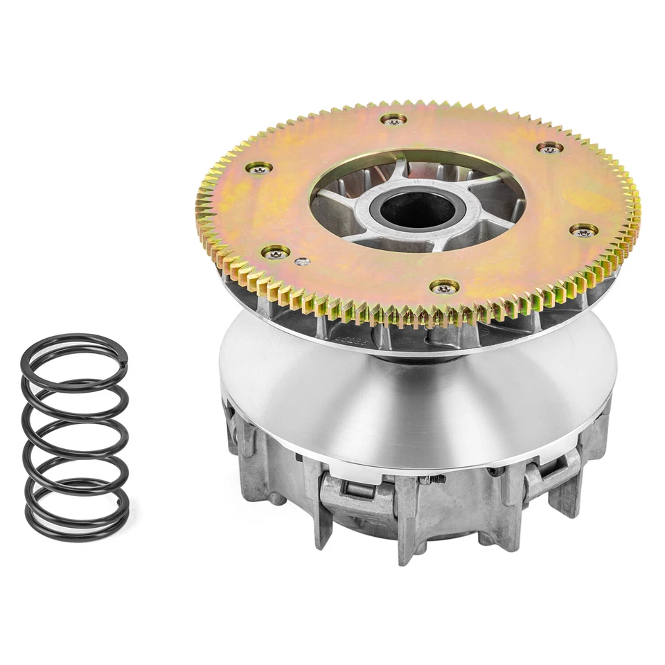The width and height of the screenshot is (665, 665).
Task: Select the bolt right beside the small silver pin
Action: coord(276,253)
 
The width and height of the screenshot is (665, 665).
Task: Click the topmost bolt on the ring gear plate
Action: coord(393,120)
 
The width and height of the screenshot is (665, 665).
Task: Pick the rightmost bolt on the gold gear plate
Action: coord(584,230)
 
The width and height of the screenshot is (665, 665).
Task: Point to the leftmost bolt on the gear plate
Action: coord(259,168)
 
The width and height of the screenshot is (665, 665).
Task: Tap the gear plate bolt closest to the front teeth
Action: coord(443,286)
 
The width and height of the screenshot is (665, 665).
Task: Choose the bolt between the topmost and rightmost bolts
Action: coord(549,148)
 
